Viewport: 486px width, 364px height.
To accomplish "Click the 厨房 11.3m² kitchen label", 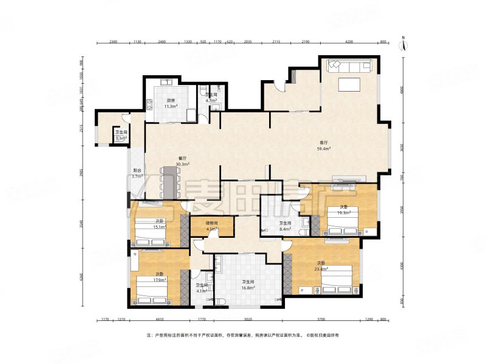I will [171, 104].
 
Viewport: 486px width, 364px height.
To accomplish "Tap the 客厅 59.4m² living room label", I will [324, 146].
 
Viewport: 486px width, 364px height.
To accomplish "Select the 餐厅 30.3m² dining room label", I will [182, 161].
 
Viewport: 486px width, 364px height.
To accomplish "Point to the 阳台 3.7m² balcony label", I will [138, 174].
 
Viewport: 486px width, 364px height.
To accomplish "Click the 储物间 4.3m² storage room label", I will [211, 226].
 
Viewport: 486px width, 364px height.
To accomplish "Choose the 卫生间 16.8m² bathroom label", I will [248, 285].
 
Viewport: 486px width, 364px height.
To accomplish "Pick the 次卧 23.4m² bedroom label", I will [322, 266].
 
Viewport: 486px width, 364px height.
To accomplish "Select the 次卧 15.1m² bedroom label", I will [159, 223].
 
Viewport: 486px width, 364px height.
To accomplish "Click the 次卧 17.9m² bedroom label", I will [160, 277].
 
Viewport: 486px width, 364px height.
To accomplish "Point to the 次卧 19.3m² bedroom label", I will [344, 209].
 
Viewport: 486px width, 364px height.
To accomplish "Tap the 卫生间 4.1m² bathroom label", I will [202, 288].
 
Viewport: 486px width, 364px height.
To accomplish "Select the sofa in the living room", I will [349, 66].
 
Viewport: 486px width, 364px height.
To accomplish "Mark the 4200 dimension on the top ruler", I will [349, 42].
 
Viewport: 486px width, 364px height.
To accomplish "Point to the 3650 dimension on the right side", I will [401, 147].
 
